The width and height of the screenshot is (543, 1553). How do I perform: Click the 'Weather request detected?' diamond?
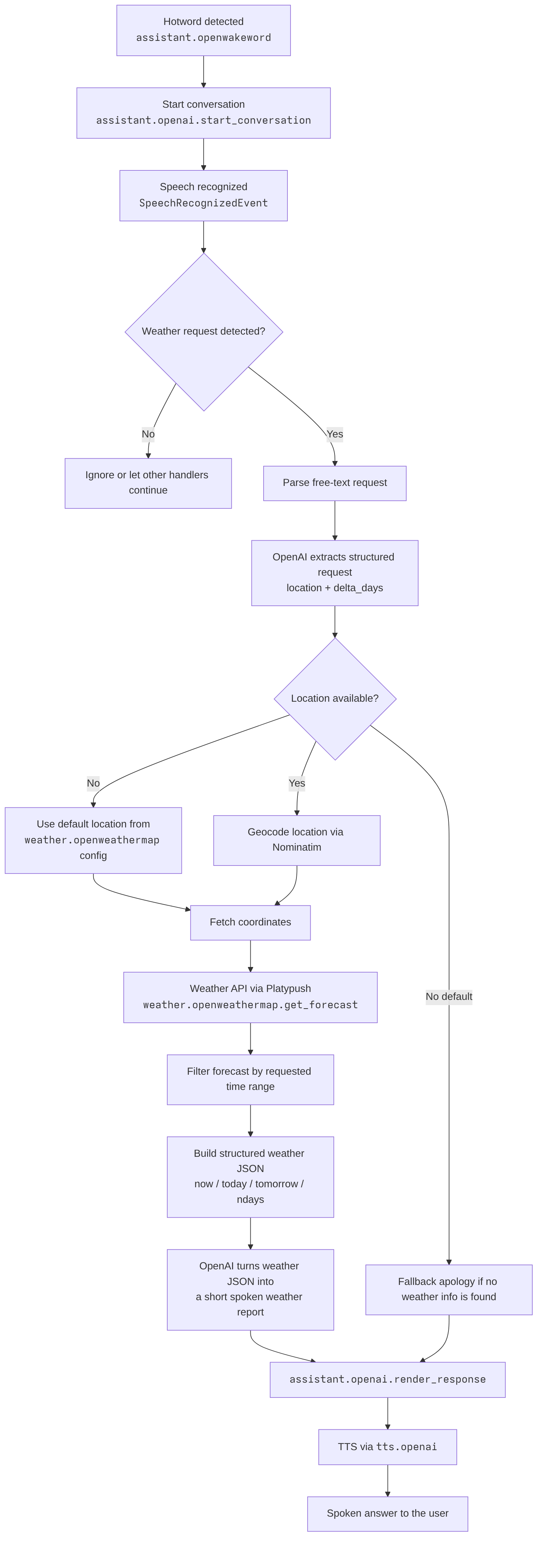pos(204,331)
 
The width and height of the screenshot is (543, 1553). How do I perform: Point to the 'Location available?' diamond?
pos(335,699)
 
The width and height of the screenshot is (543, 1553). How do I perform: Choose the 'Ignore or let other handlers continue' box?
pos(148,483)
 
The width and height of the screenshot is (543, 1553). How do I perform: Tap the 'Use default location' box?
pos(94,840)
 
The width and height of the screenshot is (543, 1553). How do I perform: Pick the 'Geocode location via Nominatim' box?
pos(296,840)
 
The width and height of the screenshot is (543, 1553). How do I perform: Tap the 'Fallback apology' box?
pos(449,1289)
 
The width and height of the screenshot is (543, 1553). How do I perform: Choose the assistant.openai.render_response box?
pos(388,1379)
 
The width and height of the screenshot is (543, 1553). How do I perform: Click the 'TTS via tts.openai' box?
pos(388,1447)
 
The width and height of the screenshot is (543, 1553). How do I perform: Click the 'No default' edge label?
pos(449,996)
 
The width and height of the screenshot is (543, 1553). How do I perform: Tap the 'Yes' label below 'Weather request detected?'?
pos(335,434)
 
